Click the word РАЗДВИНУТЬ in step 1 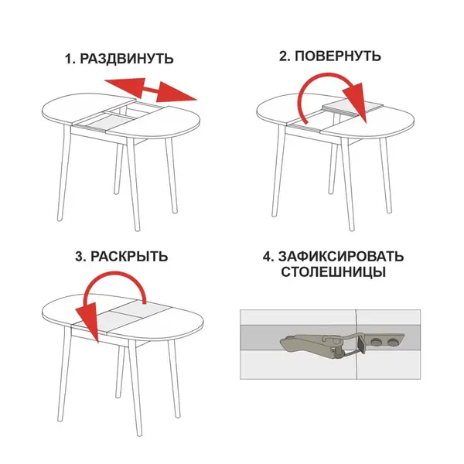coord(127,59)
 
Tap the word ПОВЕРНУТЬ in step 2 coord(338,56)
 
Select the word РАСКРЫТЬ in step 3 coord(129,256)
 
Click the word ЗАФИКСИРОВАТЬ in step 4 coord(341,256)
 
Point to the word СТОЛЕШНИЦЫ coord(333,271)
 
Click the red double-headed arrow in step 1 coord(151,90)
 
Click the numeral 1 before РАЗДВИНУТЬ coord(69,59)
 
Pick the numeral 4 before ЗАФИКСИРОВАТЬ coord(268,257)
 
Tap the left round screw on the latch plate coord(377,342)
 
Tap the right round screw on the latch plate coord(393,342)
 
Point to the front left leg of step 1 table coord(64,173)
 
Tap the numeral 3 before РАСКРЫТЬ coord(80,257)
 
